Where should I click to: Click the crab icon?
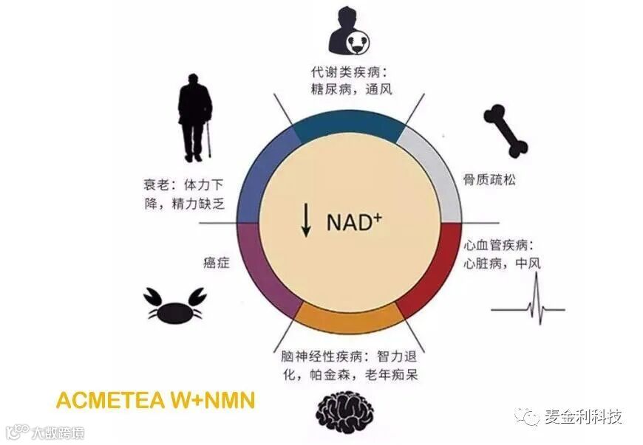coord(175,304)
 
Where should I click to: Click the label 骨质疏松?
coord(489,179)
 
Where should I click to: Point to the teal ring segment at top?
coord(347,128)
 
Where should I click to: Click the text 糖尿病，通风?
coord(350,90)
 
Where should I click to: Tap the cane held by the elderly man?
coord(208,140)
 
